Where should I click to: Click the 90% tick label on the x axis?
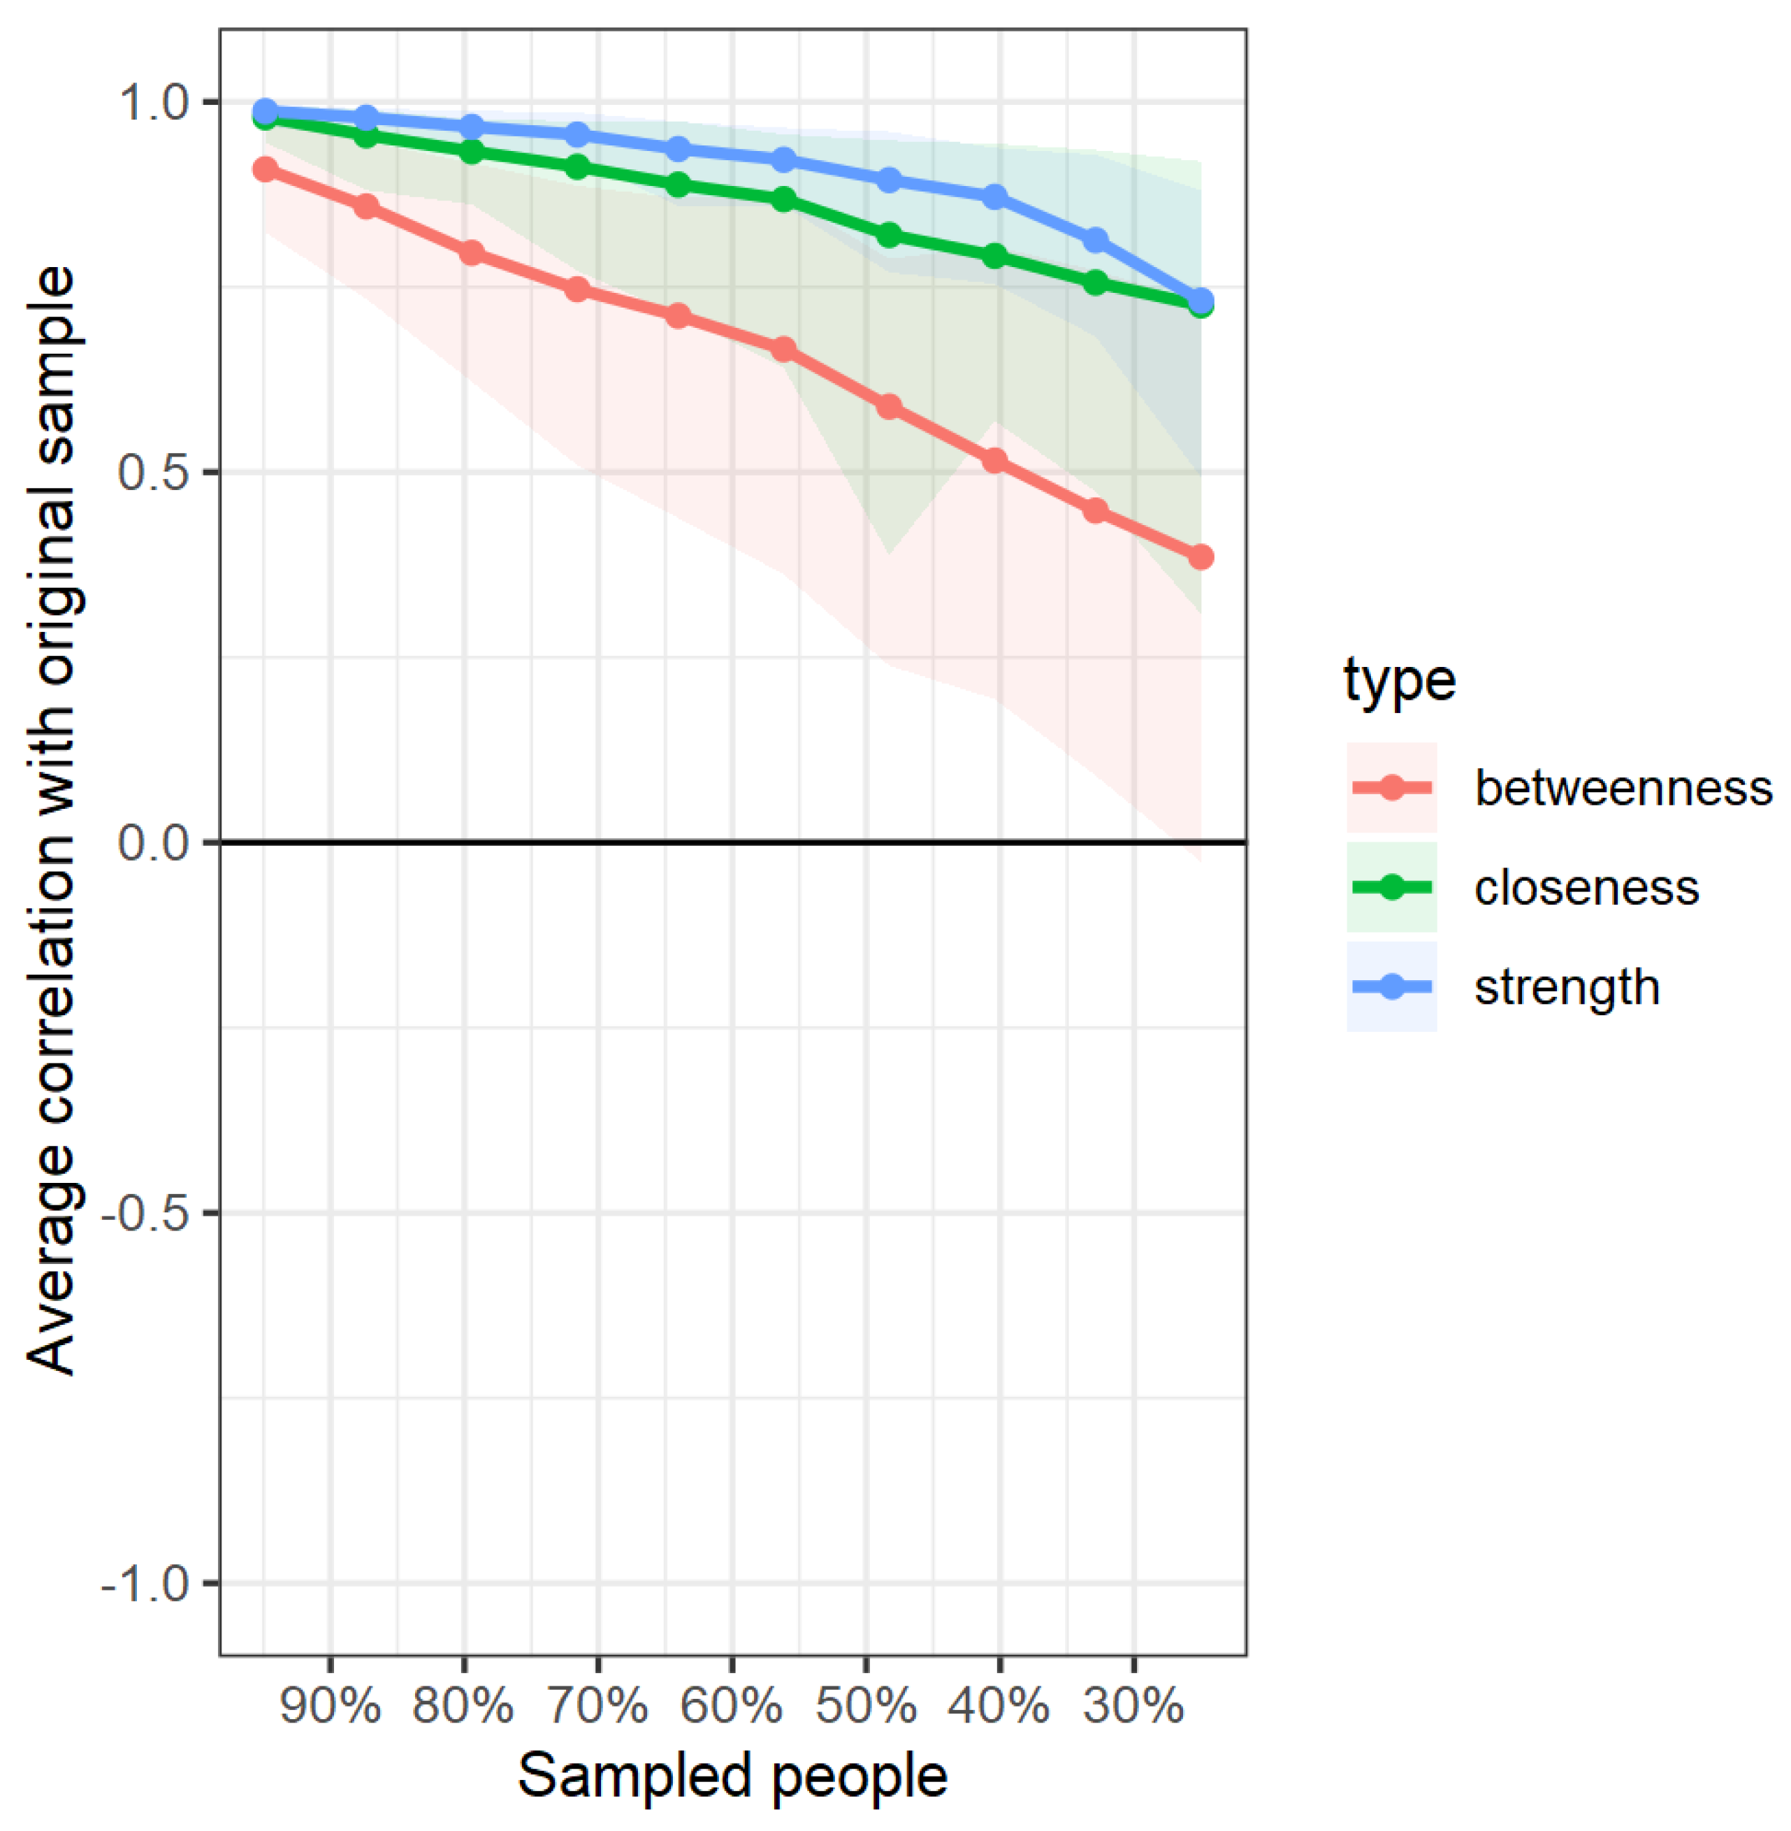click(x=329, y=1705)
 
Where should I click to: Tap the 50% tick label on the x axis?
click(x=865, y=1705)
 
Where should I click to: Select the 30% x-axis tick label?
click(x=1133, y=1705)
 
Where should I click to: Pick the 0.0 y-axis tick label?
click(x=154, y=842)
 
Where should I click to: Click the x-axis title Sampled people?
click(x=732, y=1776)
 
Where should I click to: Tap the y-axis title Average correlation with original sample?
click(x=51, y=819)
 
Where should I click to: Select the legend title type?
click(x=1399, y=680)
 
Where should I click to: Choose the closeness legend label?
click(x=1586, y=887)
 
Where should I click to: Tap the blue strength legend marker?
click(x=1391, y=986)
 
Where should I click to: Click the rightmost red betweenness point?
click(x=1201, y=557)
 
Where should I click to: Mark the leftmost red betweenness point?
click(x=266, y=169)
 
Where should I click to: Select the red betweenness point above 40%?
click(x=994, y=461)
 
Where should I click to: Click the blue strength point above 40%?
click(x=994, y=196)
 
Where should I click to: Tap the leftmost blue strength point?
click(x=266, y=111)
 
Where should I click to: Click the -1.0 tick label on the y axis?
click(x=146, y=1584)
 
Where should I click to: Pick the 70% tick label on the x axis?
click(x=597, y=1705)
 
